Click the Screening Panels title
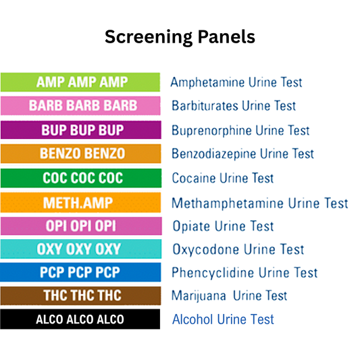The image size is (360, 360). (180, 37)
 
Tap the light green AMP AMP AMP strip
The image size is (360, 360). (80, 82)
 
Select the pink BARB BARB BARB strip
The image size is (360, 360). (80, 106)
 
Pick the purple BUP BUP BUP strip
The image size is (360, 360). (80, 130)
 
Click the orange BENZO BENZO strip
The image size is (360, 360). (80, 154)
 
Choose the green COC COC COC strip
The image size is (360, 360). (80, 178)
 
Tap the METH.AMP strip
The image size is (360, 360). (80, 203)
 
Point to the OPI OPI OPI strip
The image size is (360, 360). (80, 226)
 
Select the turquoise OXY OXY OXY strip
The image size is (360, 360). (80, 249)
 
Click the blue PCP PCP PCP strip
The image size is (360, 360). (80, 272)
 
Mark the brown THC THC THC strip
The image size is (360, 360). (80, 296)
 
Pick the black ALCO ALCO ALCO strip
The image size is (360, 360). (80, 319)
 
